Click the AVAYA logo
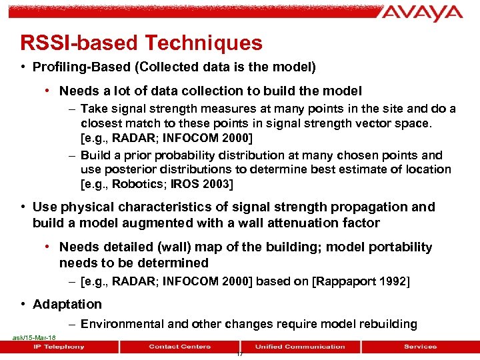(423, 13)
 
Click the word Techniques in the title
(203, 43)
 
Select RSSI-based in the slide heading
(79, 43)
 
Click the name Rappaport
(347, 281)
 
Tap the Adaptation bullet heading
(67, 304)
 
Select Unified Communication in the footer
(300, 347)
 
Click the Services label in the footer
(420, 347)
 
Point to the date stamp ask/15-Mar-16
(34, 338)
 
